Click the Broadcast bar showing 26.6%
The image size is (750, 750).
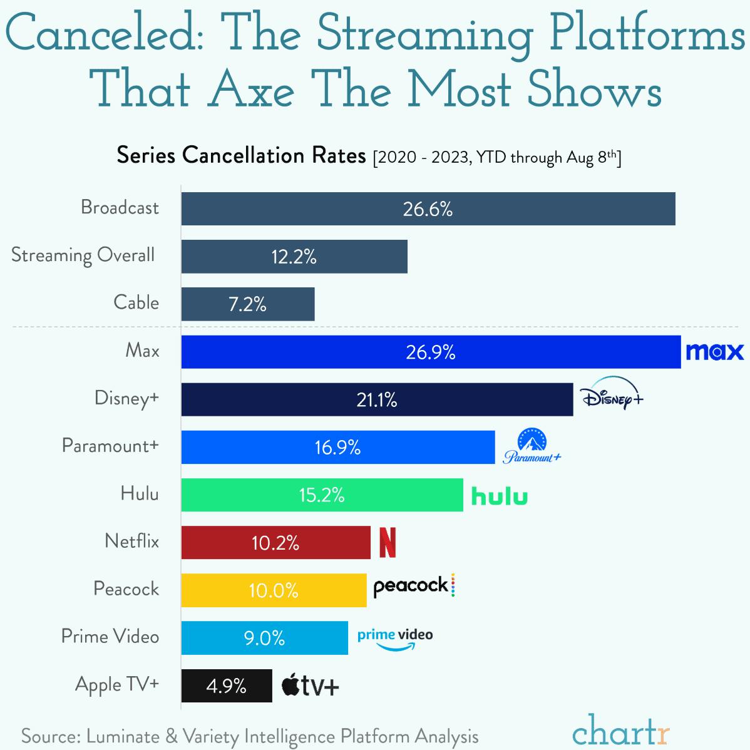(x=428, y=208)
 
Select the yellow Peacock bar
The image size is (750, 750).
(x=274, y=590)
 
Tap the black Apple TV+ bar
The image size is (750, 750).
(x=227, y=686)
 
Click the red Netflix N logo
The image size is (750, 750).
(x=388, y=543)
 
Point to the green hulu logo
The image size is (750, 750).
(x=499, y=496)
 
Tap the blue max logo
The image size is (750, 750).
(x=714, y=352)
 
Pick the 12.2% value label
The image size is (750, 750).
(x=294, y=257)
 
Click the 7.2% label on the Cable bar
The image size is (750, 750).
(x=247, y=304)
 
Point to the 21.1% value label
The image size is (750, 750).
(x=377, y=400)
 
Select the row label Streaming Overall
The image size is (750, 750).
(x=83, y=255)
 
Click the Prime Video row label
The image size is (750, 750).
(x=110, y=637)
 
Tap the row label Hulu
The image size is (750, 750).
(x=139, y=494)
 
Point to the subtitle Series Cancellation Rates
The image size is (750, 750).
(x=241, y=155)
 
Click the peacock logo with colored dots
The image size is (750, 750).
(x=413, y=586)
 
